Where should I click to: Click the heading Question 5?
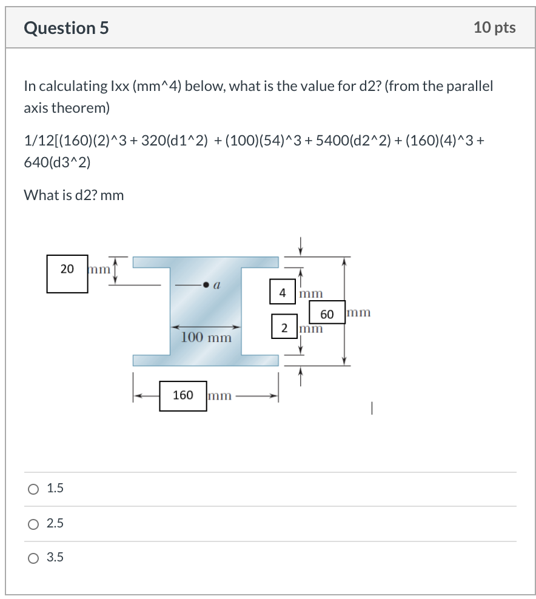(x=67, y=28)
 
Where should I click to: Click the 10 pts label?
(x=495, y=28)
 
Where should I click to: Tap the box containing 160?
(x=183, y=396)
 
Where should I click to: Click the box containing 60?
(x=327, y=313)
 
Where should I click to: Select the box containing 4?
(x=283, y=292)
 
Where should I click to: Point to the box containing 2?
(x=284, y=327)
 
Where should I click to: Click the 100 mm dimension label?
(x=206, y=338)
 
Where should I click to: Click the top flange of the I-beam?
(x=206, y=262)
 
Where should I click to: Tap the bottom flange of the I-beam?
(x=206, y=360)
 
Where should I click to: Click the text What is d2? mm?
(x=73, y=195)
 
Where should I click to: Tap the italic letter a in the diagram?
(x=216, y=283)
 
